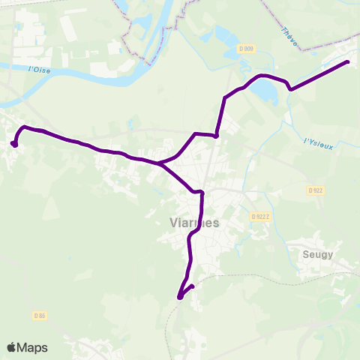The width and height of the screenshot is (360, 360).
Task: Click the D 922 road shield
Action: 315,190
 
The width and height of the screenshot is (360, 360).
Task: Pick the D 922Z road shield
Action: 259,216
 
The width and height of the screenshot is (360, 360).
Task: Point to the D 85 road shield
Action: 40,316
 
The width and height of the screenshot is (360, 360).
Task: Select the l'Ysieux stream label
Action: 318,142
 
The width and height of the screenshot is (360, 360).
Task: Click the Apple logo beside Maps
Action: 11,347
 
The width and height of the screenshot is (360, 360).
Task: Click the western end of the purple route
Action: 14,143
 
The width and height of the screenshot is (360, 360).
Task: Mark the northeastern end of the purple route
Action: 348,61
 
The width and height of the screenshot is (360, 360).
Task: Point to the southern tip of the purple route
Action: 180,297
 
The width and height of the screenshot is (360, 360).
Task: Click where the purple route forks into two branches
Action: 157,162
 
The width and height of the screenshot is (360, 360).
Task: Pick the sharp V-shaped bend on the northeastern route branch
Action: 290,88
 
